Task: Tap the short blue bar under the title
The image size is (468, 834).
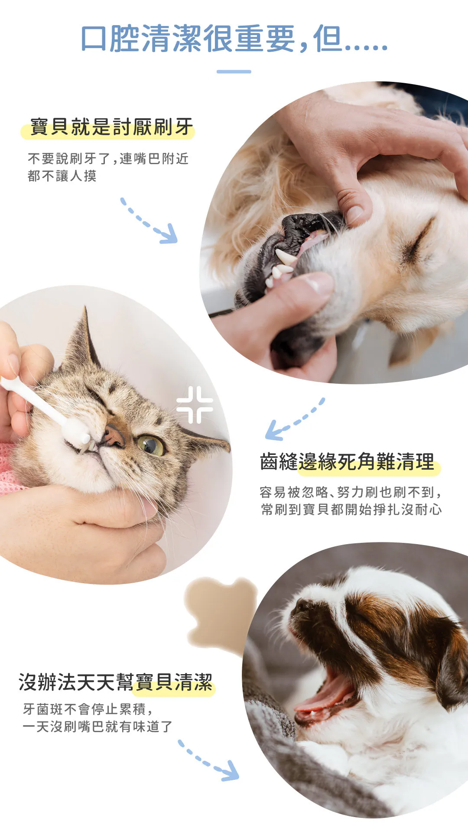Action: [234, 71]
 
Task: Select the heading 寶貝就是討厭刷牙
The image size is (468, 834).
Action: [111, 127]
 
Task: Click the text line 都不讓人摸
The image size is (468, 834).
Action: [62, 175]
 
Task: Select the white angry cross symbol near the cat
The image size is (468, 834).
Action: [195, 405]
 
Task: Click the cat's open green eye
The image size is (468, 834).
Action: [150, 445]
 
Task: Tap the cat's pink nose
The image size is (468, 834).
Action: [113, 435]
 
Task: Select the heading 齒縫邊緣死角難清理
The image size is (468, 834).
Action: [347, 461]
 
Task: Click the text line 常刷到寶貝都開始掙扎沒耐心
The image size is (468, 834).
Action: [351, 509]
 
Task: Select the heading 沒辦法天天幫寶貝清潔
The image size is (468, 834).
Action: [116, 682]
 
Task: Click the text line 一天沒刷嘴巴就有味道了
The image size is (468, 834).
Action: [97, 727]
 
